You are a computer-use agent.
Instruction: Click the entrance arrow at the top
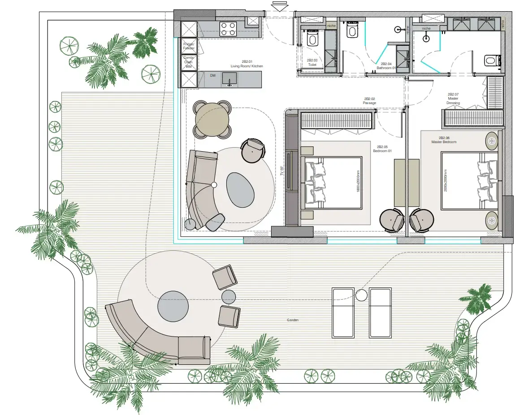click(x=279, y=6)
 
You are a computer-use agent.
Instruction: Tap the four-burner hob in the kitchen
click(x=228, y=29)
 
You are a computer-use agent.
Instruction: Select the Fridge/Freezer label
click(x=189, y=46)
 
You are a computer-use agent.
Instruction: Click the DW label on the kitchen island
click(x=213, y=75)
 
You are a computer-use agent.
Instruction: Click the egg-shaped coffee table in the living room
click(x=241, y=189)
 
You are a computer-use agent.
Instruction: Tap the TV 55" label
click(x=282, y=171)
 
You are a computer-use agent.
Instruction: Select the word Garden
click(x=293, y=320)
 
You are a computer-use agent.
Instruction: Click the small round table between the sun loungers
click(x=361, y=296)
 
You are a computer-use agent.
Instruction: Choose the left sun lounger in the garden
click(x=343, y=313)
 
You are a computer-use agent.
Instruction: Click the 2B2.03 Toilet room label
click(x=312, y=62)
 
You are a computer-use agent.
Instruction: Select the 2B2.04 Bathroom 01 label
click(x=386, y=66)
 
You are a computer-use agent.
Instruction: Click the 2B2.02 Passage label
click(x=369, y=101)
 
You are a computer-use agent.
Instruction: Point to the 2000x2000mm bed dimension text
click(x=446, y=180)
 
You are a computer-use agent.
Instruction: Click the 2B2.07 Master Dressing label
click(x=453, y=99)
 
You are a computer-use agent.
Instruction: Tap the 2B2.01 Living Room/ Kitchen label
click(x=247, y=64)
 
